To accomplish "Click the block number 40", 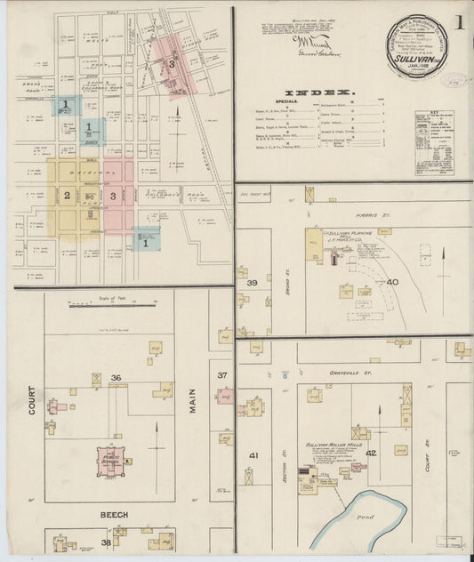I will (392, 282).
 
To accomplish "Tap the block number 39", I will (252, 283).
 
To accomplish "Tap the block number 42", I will (372, 453).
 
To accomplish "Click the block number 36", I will (116, 378).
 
